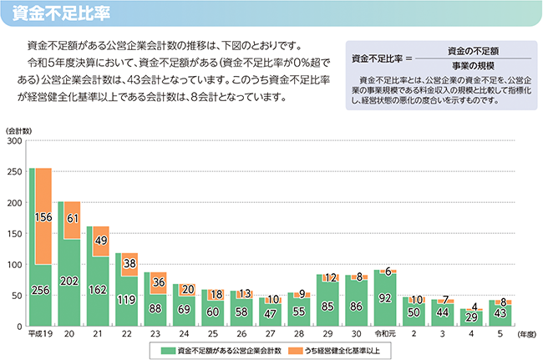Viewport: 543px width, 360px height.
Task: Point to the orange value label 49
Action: point(100,241)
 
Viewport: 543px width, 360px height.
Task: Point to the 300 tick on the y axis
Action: point(16,142)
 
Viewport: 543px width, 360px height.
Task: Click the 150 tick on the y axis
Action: point(16,234)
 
